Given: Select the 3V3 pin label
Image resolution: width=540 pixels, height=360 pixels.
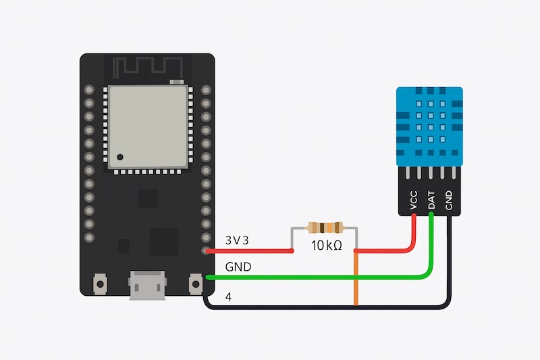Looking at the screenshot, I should tap(237, 240).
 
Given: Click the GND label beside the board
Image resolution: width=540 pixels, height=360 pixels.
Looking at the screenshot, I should tap(238, 267).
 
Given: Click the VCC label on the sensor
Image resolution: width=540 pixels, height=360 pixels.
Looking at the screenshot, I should tap(413, 200).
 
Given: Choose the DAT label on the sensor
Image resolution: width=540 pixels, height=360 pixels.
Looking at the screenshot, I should tap(431, 199).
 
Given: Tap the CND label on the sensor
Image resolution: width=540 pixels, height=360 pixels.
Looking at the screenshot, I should tap(448, 199).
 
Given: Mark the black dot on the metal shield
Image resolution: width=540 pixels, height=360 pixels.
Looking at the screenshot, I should tap(119, 157).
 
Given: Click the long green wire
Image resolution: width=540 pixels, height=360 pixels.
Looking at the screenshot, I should tap(317, 277).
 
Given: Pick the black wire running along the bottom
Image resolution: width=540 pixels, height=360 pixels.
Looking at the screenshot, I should tap(324, 307).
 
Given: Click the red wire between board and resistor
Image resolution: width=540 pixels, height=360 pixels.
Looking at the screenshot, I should tap(250, 251).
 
